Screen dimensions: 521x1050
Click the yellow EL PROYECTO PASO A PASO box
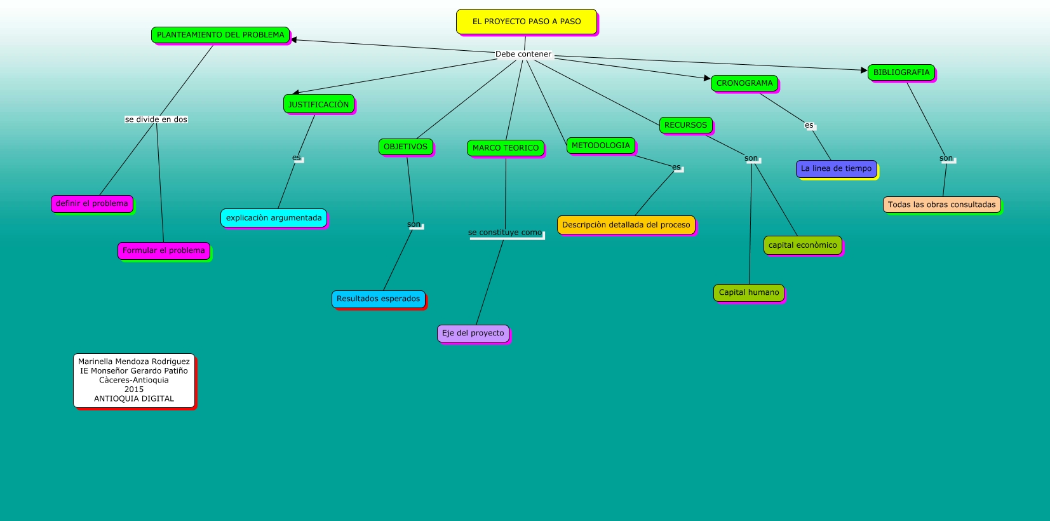tap(527, 22)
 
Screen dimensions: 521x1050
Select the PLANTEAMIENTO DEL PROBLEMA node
tap(220, 35)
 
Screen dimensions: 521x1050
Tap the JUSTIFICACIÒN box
tap(318, 104)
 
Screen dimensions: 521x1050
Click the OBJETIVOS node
tap(405, 147)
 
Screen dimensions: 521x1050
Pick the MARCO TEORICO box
tap(506, 148)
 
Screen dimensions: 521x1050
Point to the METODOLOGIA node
tap(601, 145)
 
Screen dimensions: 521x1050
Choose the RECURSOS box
tap(685, 125)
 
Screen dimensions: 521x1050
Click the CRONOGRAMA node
tap(744, 83)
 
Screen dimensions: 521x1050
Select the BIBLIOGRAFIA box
tap(901, 72)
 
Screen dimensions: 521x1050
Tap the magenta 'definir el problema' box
tap(92, 203)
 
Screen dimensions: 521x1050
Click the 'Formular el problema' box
tap(164, 250)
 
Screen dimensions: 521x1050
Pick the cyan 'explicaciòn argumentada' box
tap(274, 218)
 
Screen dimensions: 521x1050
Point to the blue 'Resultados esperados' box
tap(379, 299)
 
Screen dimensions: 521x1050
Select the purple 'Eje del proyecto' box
tap(473, 333)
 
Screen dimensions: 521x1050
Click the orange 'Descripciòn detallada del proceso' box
tap(626, 225)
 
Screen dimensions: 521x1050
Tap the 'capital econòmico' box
tap(803, 245)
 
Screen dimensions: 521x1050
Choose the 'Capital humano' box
tap(749, 292)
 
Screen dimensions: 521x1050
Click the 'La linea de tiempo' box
tap(837, 168)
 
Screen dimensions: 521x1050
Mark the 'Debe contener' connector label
tap(523, 54)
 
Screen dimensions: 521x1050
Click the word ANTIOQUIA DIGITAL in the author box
tap(134, 399)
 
